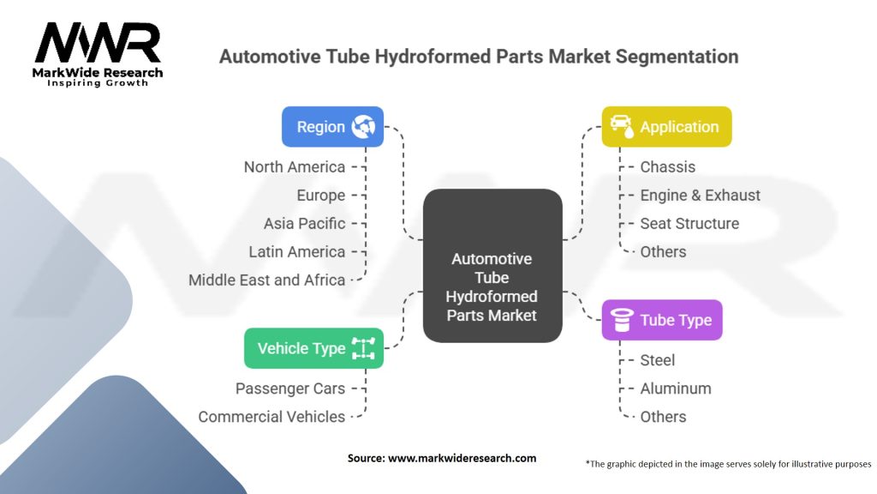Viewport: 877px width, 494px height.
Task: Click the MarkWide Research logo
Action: [97, 54]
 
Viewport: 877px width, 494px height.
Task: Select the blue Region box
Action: [332, 127]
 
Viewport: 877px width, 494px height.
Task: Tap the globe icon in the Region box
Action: [363, 127]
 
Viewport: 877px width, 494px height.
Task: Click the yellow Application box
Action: [666, 127]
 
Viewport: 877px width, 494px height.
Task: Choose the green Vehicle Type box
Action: [313, 348]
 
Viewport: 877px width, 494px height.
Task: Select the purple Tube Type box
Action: [661, 321]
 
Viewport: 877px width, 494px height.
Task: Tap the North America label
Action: [294, 166]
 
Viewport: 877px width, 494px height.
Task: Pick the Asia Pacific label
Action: [304, 223]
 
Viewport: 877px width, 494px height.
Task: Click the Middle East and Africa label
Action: [266, 280]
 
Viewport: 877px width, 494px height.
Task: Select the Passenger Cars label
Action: [290, 389]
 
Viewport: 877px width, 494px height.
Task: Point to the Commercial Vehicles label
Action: [271, 417]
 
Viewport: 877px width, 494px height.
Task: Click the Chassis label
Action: [667, 166]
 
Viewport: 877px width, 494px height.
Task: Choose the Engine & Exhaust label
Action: [700, 195]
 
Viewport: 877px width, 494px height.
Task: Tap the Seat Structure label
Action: [689, 223]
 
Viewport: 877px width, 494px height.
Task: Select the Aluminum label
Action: [675, 389]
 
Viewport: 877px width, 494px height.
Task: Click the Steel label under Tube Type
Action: [657, 360]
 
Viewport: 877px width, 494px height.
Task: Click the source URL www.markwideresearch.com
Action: [462, 458]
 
